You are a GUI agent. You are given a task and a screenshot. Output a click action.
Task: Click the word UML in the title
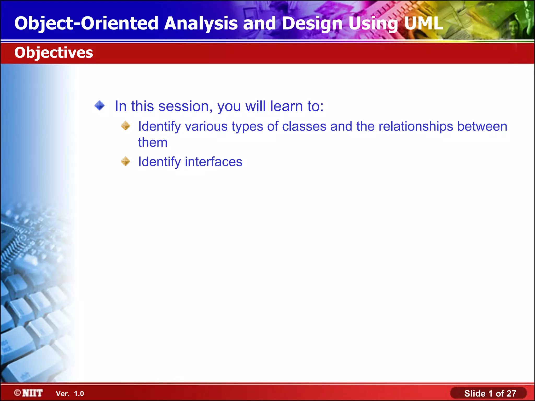point(423,23)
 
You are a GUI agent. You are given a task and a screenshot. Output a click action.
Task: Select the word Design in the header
point(312,23)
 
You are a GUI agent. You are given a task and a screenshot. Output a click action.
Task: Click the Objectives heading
point(54,52)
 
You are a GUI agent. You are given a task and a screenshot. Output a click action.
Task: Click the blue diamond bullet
point(100,106)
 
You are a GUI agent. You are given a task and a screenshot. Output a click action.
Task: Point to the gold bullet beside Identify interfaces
point(126,161)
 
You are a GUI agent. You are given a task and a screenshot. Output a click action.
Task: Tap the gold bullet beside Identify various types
point(126,126)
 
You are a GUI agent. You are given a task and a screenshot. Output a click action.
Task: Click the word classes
point(304,126)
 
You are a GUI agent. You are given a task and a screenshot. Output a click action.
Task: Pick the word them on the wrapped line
point(153,142)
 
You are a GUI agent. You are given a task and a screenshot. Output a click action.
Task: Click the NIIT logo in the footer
point(32,393)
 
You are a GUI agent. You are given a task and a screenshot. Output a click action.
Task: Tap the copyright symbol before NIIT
point(18,393)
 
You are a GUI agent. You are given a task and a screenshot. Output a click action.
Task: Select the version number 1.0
point(79,394)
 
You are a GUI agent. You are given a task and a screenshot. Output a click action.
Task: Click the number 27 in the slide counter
point(511,393)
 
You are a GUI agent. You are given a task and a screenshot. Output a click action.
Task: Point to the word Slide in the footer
point(475,393)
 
